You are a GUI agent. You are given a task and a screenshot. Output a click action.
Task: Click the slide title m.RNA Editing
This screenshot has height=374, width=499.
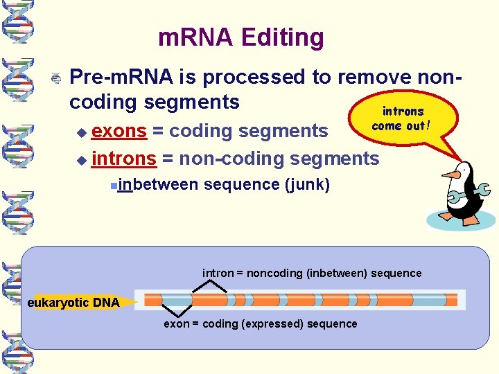(240, 37)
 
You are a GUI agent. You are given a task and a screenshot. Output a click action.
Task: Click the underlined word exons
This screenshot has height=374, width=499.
(119, 130)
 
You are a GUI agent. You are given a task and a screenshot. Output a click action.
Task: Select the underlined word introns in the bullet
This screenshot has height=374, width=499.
(123, 159)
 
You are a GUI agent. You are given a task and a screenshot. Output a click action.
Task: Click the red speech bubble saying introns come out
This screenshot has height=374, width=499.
(402, 118)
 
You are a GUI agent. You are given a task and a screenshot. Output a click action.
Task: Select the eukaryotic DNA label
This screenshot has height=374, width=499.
(73, 302)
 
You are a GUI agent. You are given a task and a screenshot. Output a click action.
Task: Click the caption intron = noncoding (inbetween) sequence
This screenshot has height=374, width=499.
(312, 273)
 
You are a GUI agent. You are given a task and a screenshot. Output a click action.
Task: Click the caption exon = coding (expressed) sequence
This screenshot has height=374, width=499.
(261, 324)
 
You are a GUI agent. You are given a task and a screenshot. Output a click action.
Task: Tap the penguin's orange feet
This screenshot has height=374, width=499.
(457, 218)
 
